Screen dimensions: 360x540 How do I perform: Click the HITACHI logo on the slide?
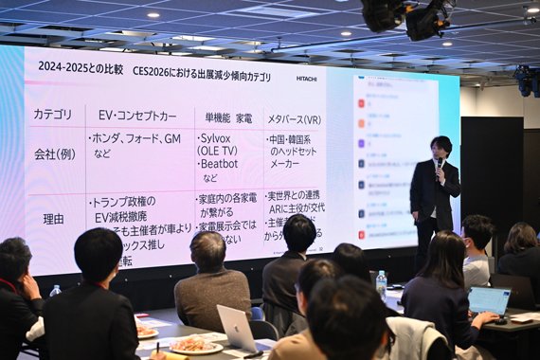pyautogui.click(x=306, y=79)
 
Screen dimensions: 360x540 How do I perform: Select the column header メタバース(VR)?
pyautogui.click(x=294, y=118)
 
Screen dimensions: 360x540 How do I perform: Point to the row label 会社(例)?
pyautogui.click(x=54, y=153)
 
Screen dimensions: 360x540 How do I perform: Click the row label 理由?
pyautogui.click(x=54, y=218)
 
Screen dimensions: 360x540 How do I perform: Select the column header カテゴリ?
pyautogui.click(x=52, y=115)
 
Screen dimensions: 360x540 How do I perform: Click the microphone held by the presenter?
pyautogui.click(x=439, y=163)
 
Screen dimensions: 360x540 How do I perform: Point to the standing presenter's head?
pyautogui.click(x=441, y=147)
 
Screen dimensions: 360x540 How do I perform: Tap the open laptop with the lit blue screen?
pyautogui.click(x=489, y=300)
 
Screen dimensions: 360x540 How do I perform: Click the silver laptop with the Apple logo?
pyautogui.click(x=237, y=330)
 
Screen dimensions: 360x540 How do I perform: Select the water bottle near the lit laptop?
pyautogui.click(x=381, y=283)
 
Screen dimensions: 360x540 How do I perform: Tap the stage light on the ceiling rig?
pyautogui.click(x=426, y=19)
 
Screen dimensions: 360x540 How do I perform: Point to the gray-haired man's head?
pyautogui.click(x=207, y=250)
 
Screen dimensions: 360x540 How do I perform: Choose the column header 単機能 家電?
pyautogui.click(x=227, y=117)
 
